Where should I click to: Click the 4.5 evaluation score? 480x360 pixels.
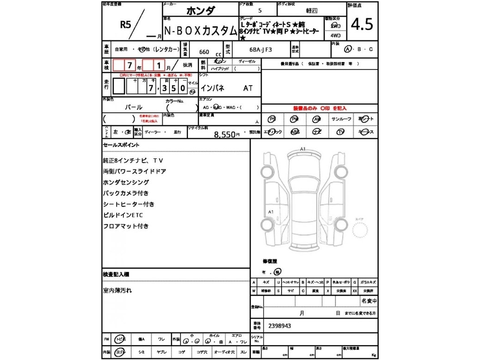click(x=362, y=24)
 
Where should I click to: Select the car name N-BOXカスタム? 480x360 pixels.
click(x=201, y=31)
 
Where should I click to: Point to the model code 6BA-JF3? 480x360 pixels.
click(x=261, y=47)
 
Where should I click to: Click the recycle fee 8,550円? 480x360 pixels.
click(x=227, y=135)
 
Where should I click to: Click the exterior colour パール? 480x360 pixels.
click(x=134, y=107)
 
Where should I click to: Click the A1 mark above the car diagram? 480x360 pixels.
click(x=303, y=149)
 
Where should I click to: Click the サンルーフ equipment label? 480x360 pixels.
click(x=341, y=119)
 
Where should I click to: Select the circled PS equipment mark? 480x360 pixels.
click(x=273, y=119)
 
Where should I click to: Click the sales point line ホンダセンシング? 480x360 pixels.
click(x=126, y=182)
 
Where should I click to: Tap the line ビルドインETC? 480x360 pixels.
click(x=123, y=215)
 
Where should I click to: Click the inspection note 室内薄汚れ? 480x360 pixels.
click(x=117, y=290)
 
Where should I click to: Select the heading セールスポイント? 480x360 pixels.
click(x=121, y=145)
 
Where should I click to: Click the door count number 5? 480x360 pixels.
click(x=261, y=10)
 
